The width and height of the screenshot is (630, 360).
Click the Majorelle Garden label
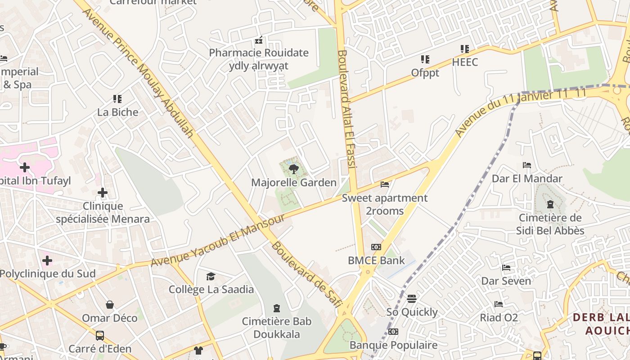[293, 182]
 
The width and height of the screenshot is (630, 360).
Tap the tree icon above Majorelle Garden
[293, 169]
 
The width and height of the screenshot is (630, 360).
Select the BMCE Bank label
[376, 260]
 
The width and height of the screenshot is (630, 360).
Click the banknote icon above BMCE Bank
[376, 247]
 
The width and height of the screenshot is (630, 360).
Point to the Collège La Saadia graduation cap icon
[211, 276]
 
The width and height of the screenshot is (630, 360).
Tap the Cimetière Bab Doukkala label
[276, 328]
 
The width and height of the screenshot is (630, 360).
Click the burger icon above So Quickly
[411, 298]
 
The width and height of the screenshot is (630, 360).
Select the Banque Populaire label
[393, 345]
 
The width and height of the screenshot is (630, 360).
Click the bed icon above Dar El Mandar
[527, 165]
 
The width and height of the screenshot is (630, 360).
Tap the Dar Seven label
[506, 281]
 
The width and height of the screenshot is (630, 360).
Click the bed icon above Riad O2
[498, 304]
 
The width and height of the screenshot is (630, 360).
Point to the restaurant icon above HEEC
[464, 49]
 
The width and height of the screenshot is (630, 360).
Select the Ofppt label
[425, 72]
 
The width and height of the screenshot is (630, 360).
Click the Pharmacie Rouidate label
[259, 53]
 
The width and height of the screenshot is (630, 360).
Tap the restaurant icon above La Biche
[117, 99]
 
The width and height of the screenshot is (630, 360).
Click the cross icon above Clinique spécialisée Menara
[103, 193]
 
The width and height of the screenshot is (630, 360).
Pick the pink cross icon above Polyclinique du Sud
[47, 261]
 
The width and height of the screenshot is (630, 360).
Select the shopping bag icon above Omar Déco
[110, 305]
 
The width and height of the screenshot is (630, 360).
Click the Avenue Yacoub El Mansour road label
[218, 240]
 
